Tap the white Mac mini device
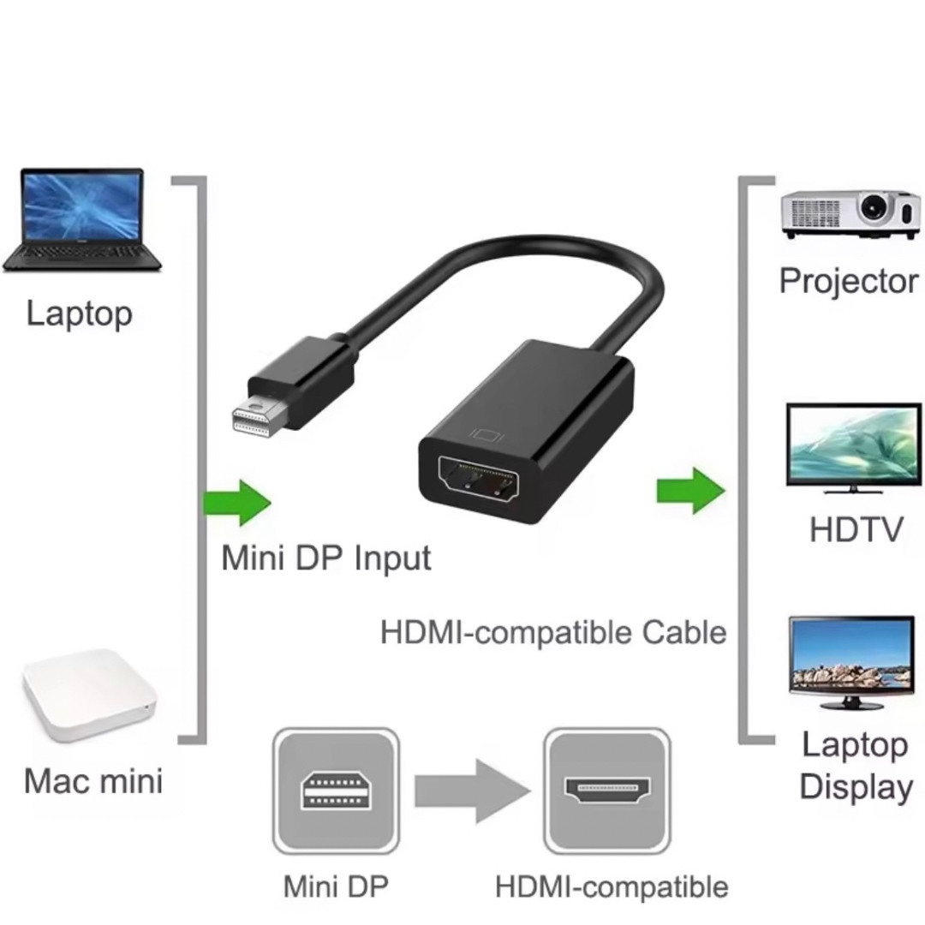[90, 696]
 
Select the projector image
[850, 214]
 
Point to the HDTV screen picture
[854, 448]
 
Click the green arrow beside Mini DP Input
[237, 503]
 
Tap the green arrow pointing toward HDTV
[691, 491]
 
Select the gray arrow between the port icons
[473, 791]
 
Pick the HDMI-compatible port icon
[607, 791]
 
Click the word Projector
[849, 282]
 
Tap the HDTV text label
[856, 529]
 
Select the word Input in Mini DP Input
[392, 558]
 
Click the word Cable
[683, 632]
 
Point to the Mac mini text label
[93, 781]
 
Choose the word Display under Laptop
[856, 788]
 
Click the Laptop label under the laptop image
[79, 313]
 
